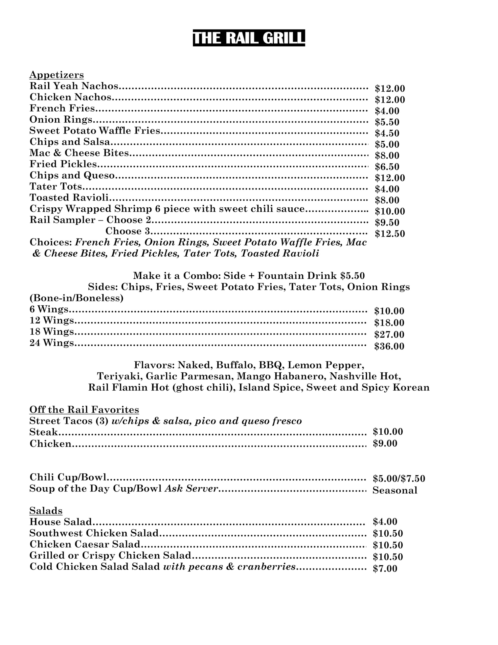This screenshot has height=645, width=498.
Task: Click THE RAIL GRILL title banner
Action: coord(248,38)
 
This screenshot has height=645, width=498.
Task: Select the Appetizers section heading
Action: coord(56,75)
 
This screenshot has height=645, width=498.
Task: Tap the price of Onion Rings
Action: coord(387,122)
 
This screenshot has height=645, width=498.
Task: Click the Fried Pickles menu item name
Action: coord(63,164)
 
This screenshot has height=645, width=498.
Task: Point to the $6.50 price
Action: coord(387,167)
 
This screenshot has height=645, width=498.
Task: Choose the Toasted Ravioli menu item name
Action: coord(69,197)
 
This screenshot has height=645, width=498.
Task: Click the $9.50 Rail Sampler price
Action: coord(387,222)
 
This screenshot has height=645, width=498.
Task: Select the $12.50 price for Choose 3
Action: coord(390,234)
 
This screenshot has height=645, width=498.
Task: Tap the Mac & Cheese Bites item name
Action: coord(79,153)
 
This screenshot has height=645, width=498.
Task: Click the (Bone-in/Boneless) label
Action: coord(77,298)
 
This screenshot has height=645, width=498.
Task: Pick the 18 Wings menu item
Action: coord(52,332)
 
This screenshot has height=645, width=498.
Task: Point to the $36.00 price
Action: coord(389,346)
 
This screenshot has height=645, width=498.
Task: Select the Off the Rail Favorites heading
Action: coord(84,410)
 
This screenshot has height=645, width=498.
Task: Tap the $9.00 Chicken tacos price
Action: coord(385,443)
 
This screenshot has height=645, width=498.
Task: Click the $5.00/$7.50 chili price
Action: coord(399,478)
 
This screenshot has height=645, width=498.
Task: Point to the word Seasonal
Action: coord(395,490)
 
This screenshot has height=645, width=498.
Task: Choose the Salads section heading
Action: coord(46,511)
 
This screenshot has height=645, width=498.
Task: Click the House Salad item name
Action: coord(60,522)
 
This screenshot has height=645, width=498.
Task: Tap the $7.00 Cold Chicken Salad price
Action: coord(385,568)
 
